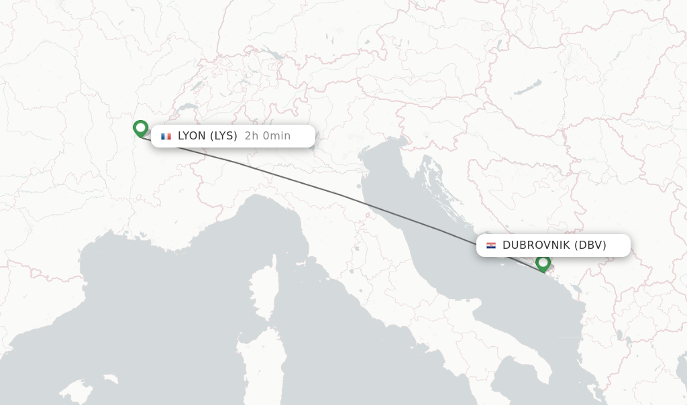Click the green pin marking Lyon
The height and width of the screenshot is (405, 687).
coord(140,127)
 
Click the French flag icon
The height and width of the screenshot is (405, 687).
coord(166,136)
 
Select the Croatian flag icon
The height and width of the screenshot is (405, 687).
coord(491,245)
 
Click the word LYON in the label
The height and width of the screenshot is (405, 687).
coord(192,136)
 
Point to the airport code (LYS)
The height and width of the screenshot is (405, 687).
coord(223,136)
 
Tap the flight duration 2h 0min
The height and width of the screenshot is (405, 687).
coord(267,136)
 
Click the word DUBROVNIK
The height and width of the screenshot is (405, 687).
coord(536,245)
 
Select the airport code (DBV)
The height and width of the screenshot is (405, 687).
coord(590,245)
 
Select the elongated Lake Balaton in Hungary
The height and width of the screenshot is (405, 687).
coord(529,88)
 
